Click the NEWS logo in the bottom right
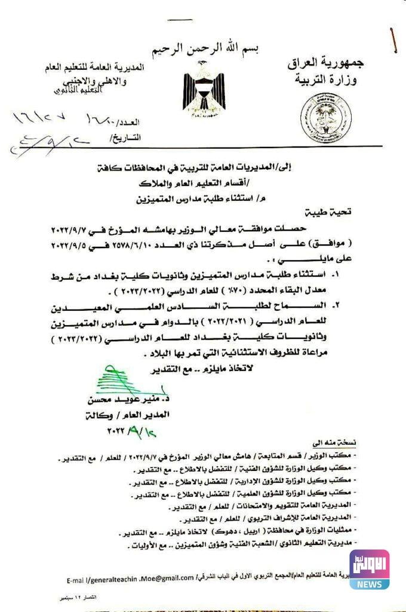(x=370, y=570)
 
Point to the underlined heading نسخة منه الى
(x=334, y=443)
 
